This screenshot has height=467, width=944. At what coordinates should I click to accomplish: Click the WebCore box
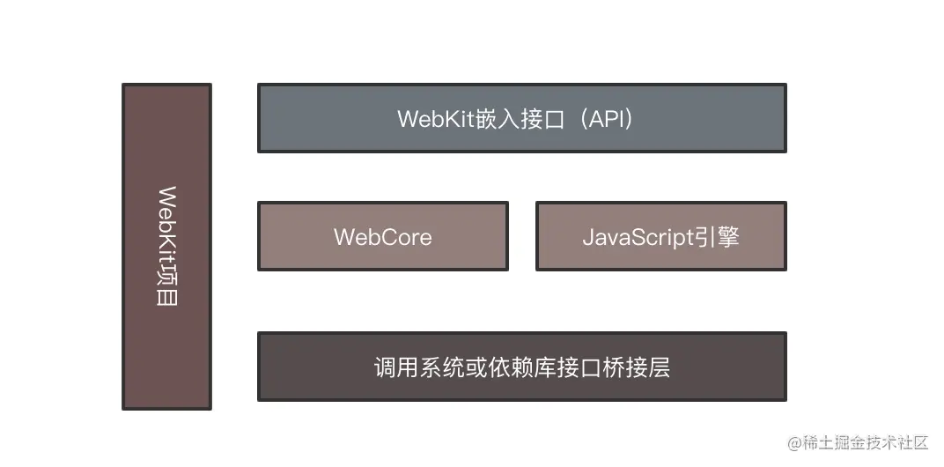pos(382,236)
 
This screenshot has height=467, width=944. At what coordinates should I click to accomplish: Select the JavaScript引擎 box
pos(660,236)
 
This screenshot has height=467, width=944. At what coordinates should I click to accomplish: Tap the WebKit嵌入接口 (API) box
pos(521,118)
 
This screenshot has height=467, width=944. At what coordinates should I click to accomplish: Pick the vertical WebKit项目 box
pos(166,247)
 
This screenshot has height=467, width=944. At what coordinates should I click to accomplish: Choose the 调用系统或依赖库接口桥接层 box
pos(521,367)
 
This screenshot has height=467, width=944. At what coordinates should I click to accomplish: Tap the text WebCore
pos(382,237)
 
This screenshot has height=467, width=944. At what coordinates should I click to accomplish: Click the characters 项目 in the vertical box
pos(166,285)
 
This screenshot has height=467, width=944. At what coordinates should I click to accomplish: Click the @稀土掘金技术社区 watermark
pos(859,442)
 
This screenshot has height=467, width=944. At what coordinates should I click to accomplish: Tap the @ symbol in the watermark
pos(794,442)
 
